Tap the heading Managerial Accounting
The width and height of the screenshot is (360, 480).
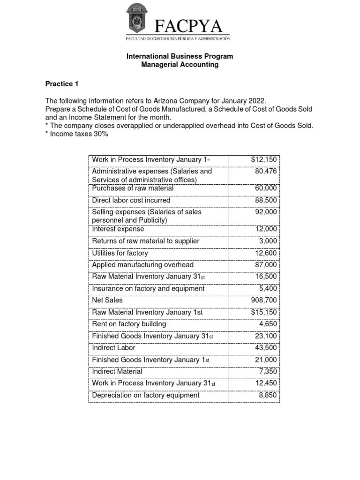(180, 65)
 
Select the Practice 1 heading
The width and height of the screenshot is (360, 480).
(62, 84)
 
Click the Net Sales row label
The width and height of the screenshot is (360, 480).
(107, 300)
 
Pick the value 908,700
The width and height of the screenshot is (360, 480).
(264, 300)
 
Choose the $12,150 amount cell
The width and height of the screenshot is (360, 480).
(264, 160)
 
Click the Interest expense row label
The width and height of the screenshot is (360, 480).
(118, 229)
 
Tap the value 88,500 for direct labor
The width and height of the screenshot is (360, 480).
(266, 200)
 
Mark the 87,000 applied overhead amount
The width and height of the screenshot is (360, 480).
(266, 265)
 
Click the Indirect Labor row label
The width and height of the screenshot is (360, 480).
(114, 348)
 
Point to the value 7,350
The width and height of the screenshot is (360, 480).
(268, 371)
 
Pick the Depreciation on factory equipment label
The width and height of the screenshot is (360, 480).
(146, 395)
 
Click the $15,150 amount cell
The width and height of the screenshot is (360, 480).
(264, 312)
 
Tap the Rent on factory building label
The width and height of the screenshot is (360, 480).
(129, 324)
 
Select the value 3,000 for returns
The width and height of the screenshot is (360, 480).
(268, 241)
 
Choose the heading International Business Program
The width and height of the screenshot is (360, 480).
(180, 56)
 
